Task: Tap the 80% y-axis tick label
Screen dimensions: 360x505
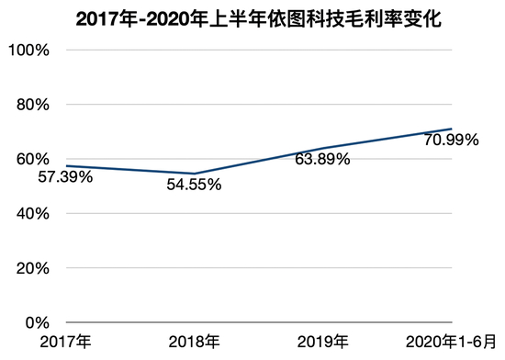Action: pos(31,105)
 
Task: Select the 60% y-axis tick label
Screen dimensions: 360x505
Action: pos(31,159)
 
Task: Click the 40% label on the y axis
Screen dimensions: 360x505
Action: pos(31,214)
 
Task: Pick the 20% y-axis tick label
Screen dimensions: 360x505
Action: pos(31,268)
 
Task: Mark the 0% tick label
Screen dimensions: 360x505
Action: pos(35,322)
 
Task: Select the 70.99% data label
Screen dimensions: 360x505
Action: pos(453,141)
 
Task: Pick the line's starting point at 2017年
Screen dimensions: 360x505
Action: pos(66,166)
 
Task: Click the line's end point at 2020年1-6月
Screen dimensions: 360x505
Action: pos(452,129)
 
